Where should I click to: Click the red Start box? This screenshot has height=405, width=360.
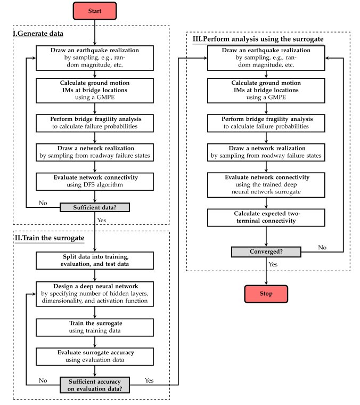(x=95, y=11)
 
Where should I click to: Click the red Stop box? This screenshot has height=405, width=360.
(x=266, y=294)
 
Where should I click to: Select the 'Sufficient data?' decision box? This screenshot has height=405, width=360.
(x=95, y=207)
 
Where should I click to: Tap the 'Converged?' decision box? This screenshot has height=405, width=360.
(x=266, y=252)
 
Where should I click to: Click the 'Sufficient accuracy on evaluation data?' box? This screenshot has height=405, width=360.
(x=95, y=385)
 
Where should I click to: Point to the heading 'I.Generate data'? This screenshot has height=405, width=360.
(x=38, y=34)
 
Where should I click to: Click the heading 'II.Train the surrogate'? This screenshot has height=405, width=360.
(x=50, y=238)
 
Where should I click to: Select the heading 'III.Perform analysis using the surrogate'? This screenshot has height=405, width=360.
(x=258, y=39)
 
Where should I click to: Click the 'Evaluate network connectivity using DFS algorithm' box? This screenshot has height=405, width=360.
(x=95, y=181)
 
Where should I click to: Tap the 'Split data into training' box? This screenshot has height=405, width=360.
(x=95, y=261)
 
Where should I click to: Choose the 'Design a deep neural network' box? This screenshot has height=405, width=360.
(x=95, y=294)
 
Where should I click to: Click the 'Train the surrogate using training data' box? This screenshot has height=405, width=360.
(x=95, y=327)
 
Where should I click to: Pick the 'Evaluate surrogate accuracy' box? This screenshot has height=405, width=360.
(x=95, y=356)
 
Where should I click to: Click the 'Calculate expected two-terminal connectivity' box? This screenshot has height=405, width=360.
(x=266, y=217)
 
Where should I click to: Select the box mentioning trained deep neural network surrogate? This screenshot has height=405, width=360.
(x=266, y=185)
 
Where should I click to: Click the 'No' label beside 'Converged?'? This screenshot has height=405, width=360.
(x=322, y=247)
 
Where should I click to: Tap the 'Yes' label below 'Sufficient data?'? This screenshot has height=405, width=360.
(x=101, y=220)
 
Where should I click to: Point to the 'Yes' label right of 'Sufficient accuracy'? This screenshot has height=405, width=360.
(x=149, y=380)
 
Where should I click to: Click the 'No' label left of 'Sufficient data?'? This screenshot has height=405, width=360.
(x=43, y=203)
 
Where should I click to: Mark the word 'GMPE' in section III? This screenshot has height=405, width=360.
(x=277, y=98)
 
